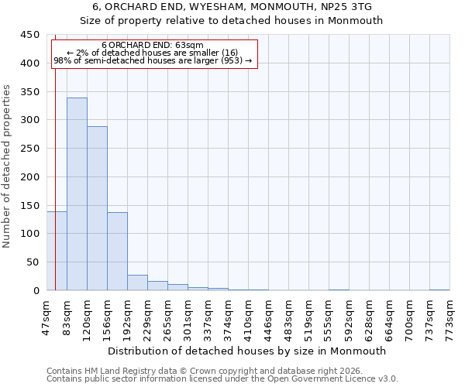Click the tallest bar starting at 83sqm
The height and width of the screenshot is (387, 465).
pyautogui.click(x=77, y=194)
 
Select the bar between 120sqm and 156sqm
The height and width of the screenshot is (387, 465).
pyautogui.click(x=97, y=208)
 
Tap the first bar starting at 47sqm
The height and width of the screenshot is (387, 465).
pyautogui.click(x=57, y=251)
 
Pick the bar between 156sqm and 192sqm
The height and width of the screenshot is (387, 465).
pyautogui.click(x=117, y=252)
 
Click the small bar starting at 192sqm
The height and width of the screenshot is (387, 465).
pyautogui.click(x=137, y=283)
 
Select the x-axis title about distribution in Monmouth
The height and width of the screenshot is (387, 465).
pyautogui.click(x=247, y=351)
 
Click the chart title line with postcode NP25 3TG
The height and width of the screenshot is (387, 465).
pyautogui.click(x=232, y=7)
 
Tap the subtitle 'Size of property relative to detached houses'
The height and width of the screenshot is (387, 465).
pyautogui.click(x=232, y=21)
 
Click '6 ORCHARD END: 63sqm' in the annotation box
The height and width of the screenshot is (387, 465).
pyautogui.click(x=153, y=45)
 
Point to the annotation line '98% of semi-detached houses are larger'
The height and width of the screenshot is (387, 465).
pyautogui.click(x=153, y=60)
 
